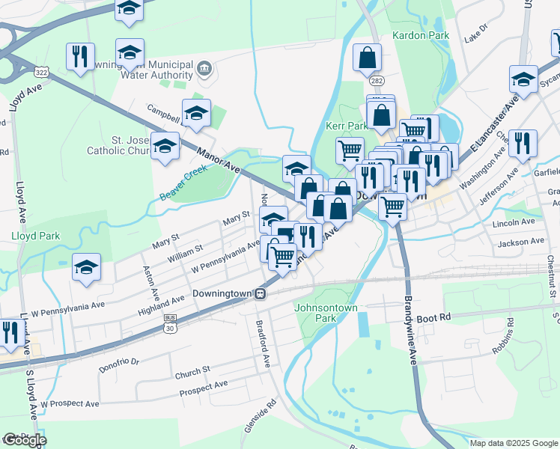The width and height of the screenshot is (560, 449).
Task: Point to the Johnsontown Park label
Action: click(326, 312)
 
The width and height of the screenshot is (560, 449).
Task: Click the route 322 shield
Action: click(41, 70)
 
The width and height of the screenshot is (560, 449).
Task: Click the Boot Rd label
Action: click(434, 317)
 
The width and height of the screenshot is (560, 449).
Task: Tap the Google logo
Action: click(25, 440)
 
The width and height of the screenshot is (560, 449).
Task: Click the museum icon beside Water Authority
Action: click(204, 70)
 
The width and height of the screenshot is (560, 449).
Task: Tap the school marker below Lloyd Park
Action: click(86, 266)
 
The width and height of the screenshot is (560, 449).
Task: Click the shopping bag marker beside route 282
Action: click(367, 57)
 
